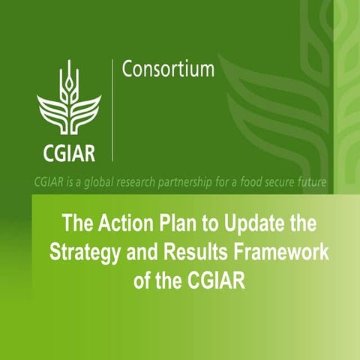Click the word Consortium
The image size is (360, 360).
[x=167, y=70]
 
